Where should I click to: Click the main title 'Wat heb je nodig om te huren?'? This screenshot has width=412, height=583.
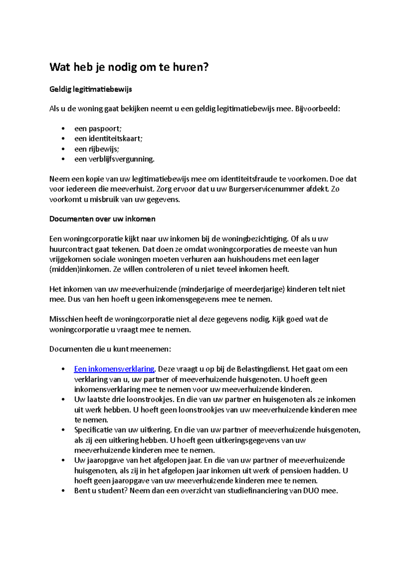[x=129, y=67]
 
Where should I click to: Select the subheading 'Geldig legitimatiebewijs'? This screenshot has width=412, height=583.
[x=91, y=89]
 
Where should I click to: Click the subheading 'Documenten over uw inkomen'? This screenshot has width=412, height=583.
[x=102, y=219]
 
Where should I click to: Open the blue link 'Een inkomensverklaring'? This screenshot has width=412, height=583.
[x=114, y=369]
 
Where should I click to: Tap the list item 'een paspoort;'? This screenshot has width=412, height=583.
[x=98, y=129]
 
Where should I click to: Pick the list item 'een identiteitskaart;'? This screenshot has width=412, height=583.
[x=108, y=139]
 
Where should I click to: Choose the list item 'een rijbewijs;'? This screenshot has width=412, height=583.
[x=96, y=149]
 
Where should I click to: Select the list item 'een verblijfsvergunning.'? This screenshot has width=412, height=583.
[x=114, y=159]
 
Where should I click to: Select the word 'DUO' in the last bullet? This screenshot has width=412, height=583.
[x=311, y=491]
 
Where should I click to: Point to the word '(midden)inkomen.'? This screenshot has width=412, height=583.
[x=80, y=269]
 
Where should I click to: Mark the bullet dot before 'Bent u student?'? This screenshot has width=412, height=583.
[x=63, y=491]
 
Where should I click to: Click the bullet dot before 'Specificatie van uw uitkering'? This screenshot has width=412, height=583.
[x=63, y=430]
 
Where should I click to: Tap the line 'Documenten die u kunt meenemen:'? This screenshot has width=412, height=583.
[x=110, y=349]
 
